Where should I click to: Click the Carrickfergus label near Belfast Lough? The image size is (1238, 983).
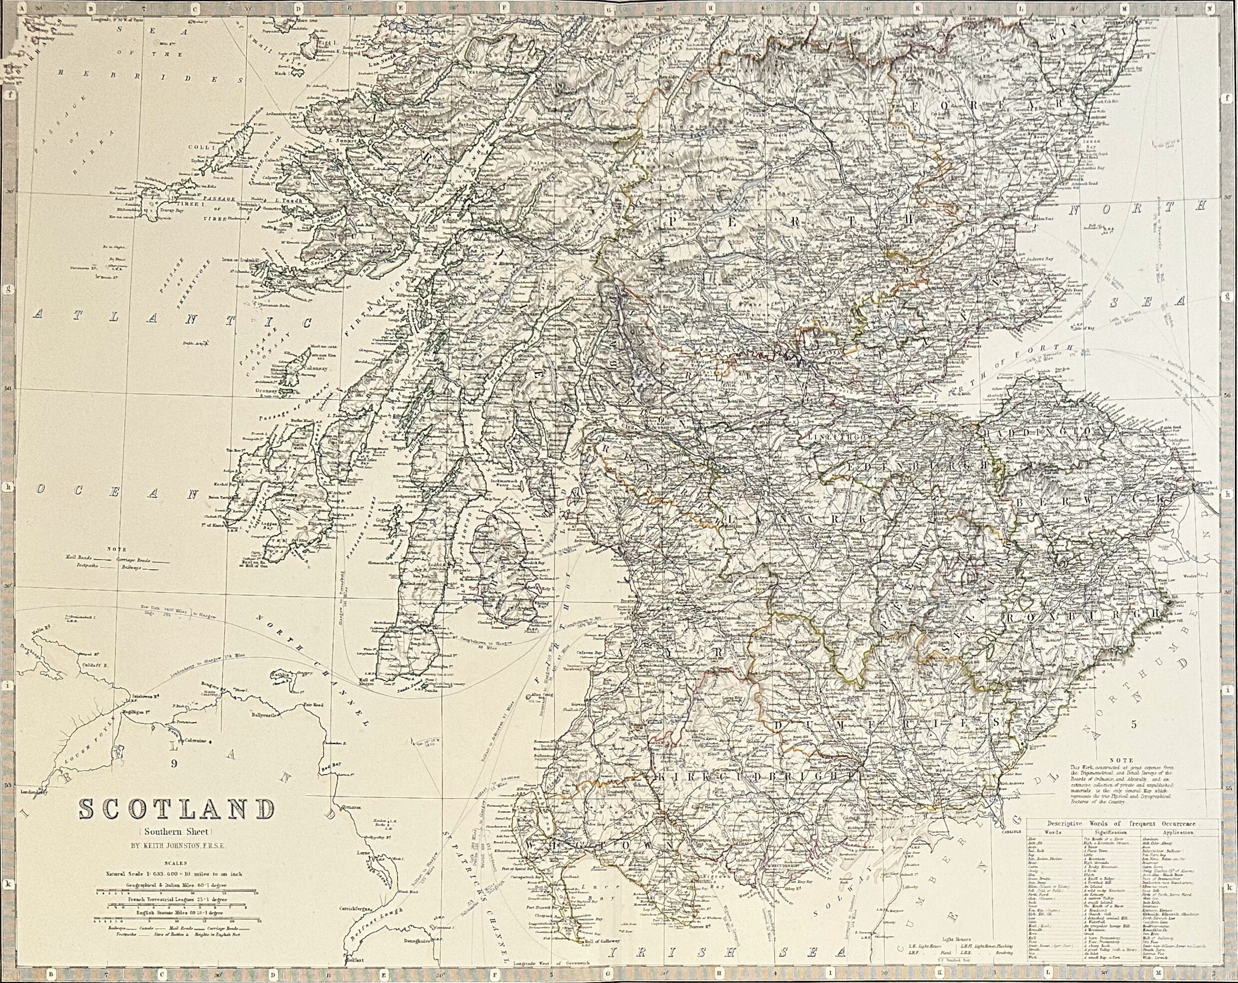359,909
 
